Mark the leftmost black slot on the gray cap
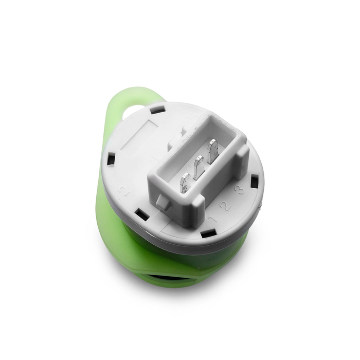pos(111,158)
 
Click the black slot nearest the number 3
pos(254,181)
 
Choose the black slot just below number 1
pos(207,235)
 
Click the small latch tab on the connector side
pos(162,202)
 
